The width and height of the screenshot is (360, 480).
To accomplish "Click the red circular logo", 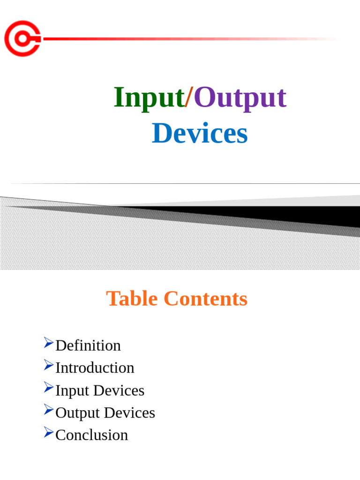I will tap(22, 38).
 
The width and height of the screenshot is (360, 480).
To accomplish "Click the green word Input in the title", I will tap(149, 97).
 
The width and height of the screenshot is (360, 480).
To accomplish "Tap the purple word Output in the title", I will tap(240, 97).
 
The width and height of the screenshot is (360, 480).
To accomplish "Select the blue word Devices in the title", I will tap(200, 133).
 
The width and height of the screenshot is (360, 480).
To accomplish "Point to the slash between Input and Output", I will tap(189, 97).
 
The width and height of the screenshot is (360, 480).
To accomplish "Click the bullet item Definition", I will tap(88, 345).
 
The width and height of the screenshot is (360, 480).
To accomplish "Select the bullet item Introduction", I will tap(95, 367).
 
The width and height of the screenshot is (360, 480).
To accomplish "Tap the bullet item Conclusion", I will tap(91, 435).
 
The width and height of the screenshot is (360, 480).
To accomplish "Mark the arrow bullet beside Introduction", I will tap(49, 365).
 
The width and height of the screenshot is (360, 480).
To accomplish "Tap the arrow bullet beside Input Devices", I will tap(49, 387).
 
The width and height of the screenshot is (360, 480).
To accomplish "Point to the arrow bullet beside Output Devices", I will tap(49, 410).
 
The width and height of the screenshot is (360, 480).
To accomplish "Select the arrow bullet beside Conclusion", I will tap(49, 432).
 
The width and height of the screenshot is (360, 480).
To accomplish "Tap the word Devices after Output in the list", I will tap(129, 412).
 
